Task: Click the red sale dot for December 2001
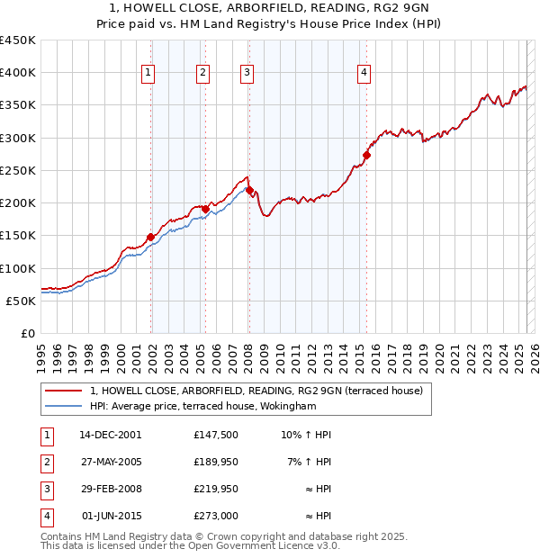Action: point(151,238)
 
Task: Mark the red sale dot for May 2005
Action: point(205,210)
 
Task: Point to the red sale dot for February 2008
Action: point(249,190)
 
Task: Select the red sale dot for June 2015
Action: point(366,156)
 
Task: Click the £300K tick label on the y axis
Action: point(18,138)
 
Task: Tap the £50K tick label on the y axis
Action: point(22,301)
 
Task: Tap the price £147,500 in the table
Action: point(215,435)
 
